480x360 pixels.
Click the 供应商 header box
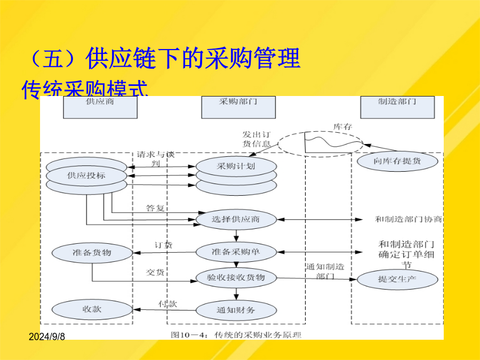[x=100, y=107]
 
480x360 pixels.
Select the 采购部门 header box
[x=238, y=107]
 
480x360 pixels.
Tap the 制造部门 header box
[x=397, y=107]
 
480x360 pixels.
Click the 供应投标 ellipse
[x=86, y=174]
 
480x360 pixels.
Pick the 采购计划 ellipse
[x=236, y=166]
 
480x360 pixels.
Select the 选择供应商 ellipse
[x=236, y=219]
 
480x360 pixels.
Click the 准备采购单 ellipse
[x=236, y=251]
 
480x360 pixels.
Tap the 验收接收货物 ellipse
[x=236, y=277]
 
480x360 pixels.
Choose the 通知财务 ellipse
[x=236, y=309]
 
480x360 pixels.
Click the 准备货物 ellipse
[x=92, y=252]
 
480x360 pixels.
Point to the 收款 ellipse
[x=92, y=309]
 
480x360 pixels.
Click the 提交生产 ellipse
[x=397, y=279]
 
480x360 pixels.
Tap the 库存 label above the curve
[x=343, y=126]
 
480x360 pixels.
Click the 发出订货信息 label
[x=257, y=139]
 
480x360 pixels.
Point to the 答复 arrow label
[x=155, y=208]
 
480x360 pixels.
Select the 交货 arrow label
[x=155, y=272]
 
